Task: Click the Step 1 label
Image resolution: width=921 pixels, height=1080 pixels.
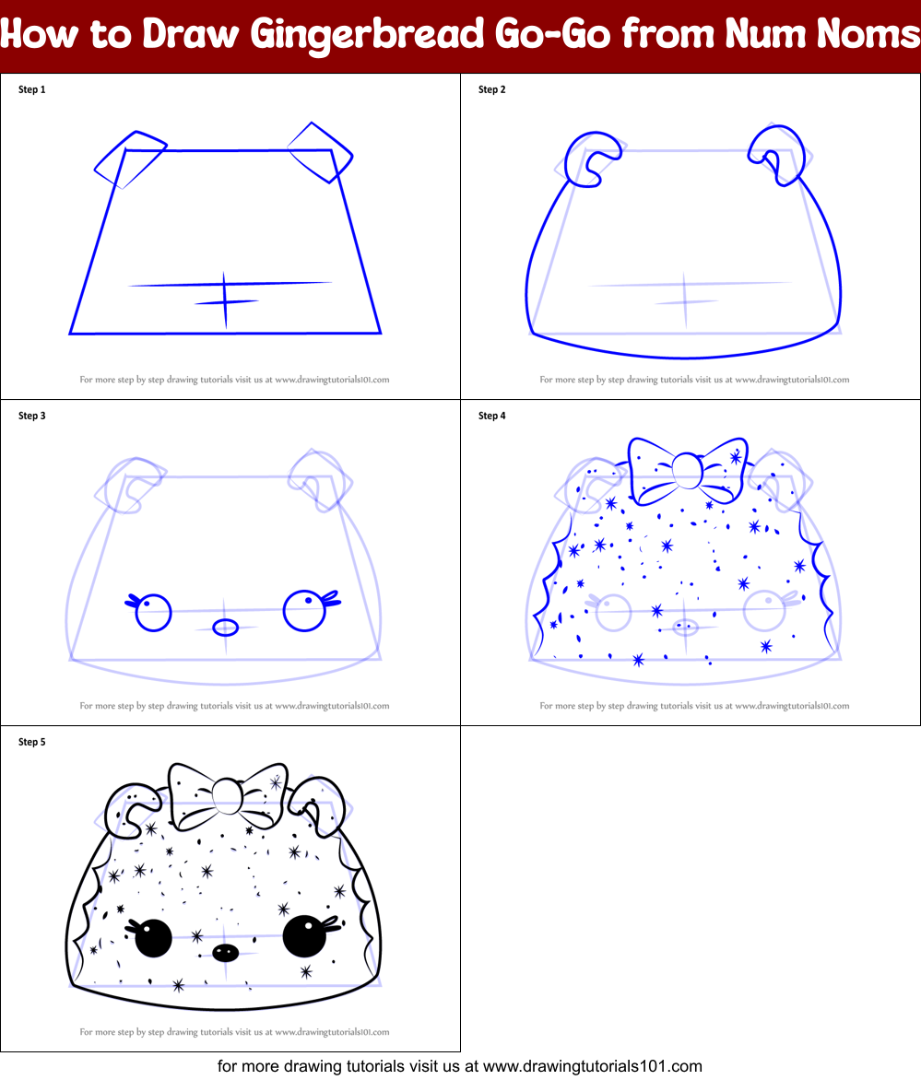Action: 31,89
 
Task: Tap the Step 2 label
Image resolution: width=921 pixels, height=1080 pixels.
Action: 491,89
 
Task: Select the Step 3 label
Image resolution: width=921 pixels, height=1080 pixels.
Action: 31,416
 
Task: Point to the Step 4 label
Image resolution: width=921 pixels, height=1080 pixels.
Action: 491,416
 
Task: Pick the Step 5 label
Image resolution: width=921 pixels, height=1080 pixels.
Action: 31,742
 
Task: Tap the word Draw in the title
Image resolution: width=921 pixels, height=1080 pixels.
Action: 188,34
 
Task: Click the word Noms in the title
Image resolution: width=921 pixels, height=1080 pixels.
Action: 866,34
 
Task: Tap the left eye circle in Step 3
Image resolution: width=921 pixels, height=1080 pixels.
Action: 154,613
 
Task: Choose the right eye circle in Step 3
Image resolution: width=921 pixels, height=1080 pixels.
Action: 303,611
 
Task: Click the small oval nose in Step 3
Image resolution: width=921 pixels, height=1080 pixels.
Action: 226,628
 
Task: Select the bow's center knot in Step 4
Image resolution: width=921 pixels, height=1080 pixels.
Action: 686,472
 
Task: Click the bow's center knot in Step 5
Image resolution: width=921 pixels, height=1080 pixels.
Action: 226,793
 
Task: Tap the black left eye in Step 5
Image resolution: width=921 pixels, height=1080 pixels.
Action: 153,939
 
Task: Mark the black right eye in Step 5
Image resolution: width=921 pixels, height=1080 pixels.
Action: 303,937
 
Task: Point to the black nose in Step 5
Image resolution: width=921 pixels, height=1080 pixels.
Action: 224,951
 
